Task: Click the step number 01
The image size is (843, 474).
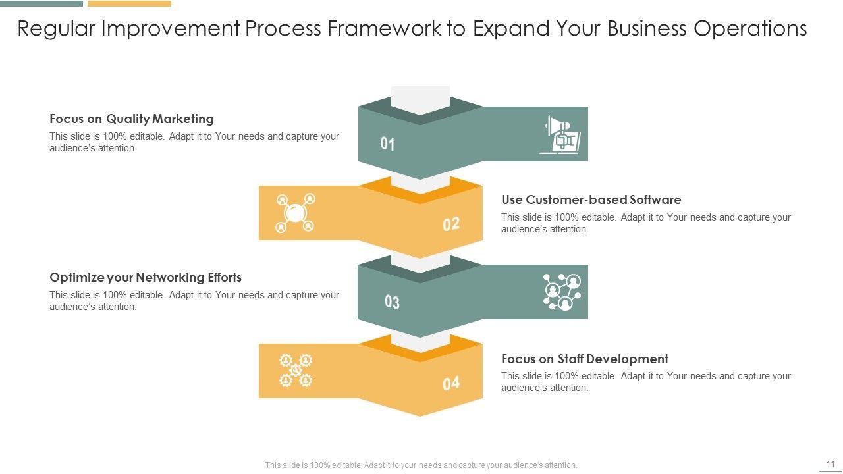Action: coord(387,144)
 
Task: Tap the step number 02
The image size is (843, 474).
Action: coord(451,224)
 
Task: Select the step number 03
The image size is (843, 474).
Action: coord(392,302)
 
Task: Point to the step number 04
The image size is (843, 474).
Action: coord(451,383)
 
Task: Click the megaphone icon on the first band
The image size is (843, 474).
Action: coord(560,135)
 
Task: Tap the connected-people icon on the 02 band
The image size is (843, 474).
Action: coord(295,213)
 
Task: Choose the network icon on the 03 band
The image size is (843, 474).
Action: coord(562,292)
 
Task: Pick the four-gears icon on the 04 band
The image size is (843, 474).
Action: coord(295,370)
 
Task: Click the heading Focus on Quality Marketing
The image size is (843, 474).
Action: coord(132,119)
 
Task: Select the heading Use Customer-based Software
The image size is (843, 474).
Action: coord(591,199)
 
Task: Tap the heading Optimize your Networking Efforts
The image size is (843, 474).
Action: coord(146,278)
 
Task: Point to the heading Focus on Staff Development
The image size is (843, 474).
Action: coord(584,359)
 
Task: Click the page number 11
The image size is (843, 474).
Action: coord(830,464)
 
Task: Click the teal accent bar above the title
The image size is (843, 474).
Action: coord(41,3)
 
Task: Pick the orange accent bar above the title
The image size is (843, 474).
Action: coord(129,3)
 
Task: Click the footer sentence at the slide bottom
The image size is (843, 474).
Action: coord(421,465)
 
